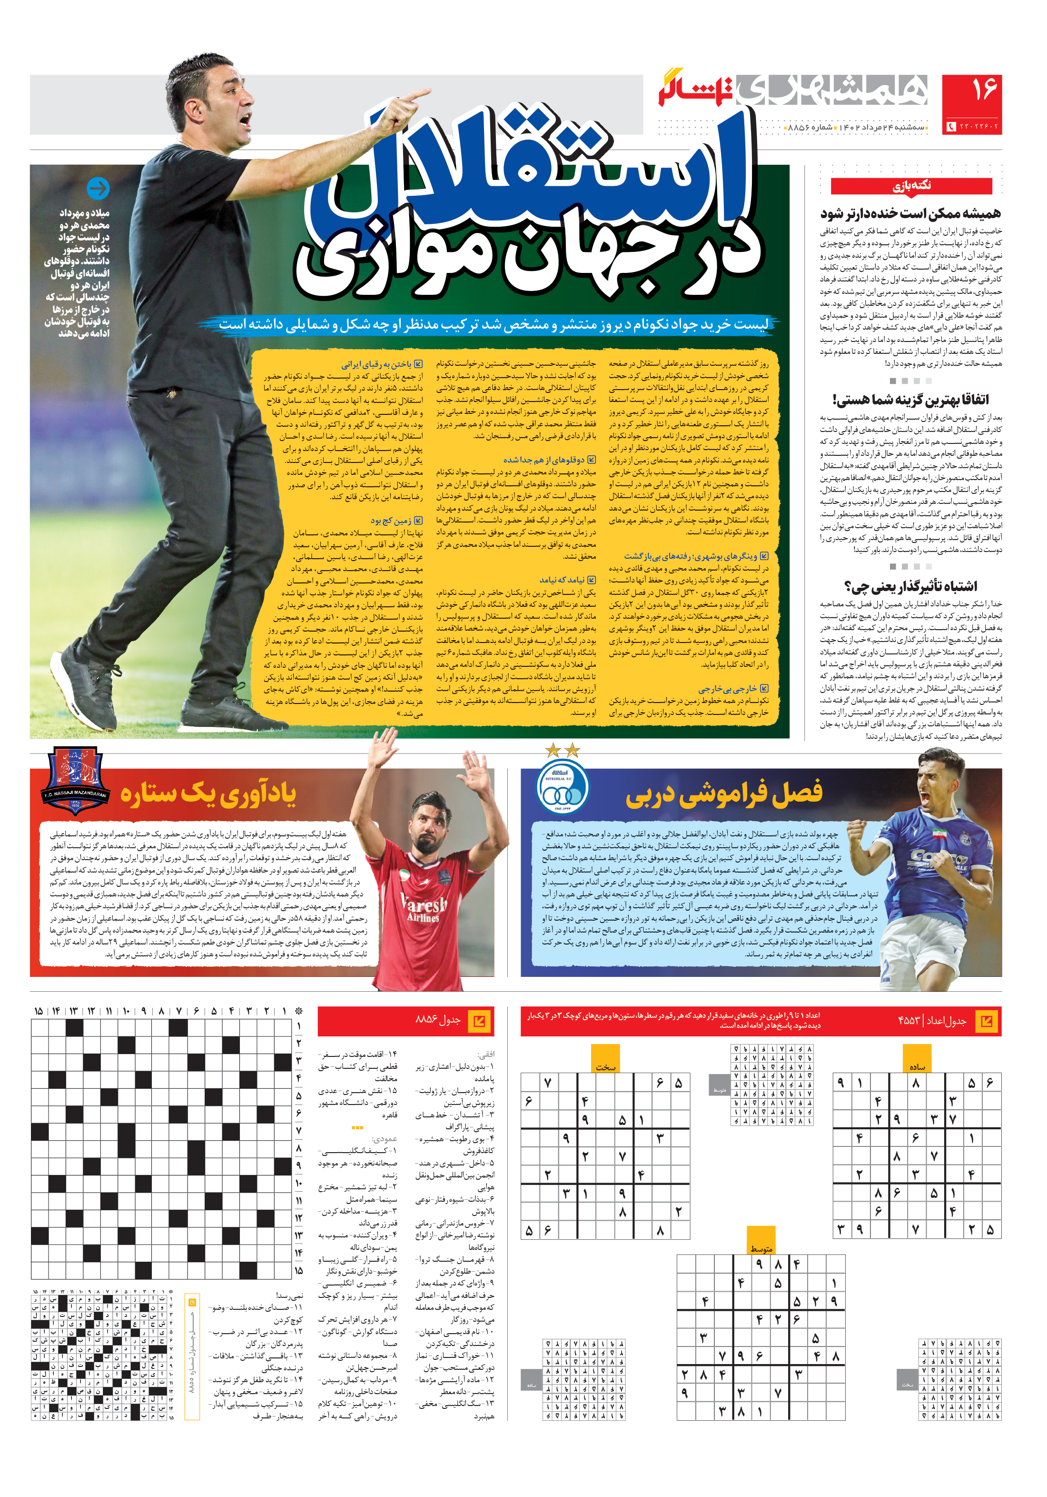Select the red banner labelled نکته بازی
tap(911, 186)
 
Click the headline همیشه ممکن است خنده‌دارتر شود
tap(910, 213)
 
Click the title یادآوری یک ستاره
tap(208, 794)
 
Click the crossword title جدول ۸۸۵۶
tap(438, 1020)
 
